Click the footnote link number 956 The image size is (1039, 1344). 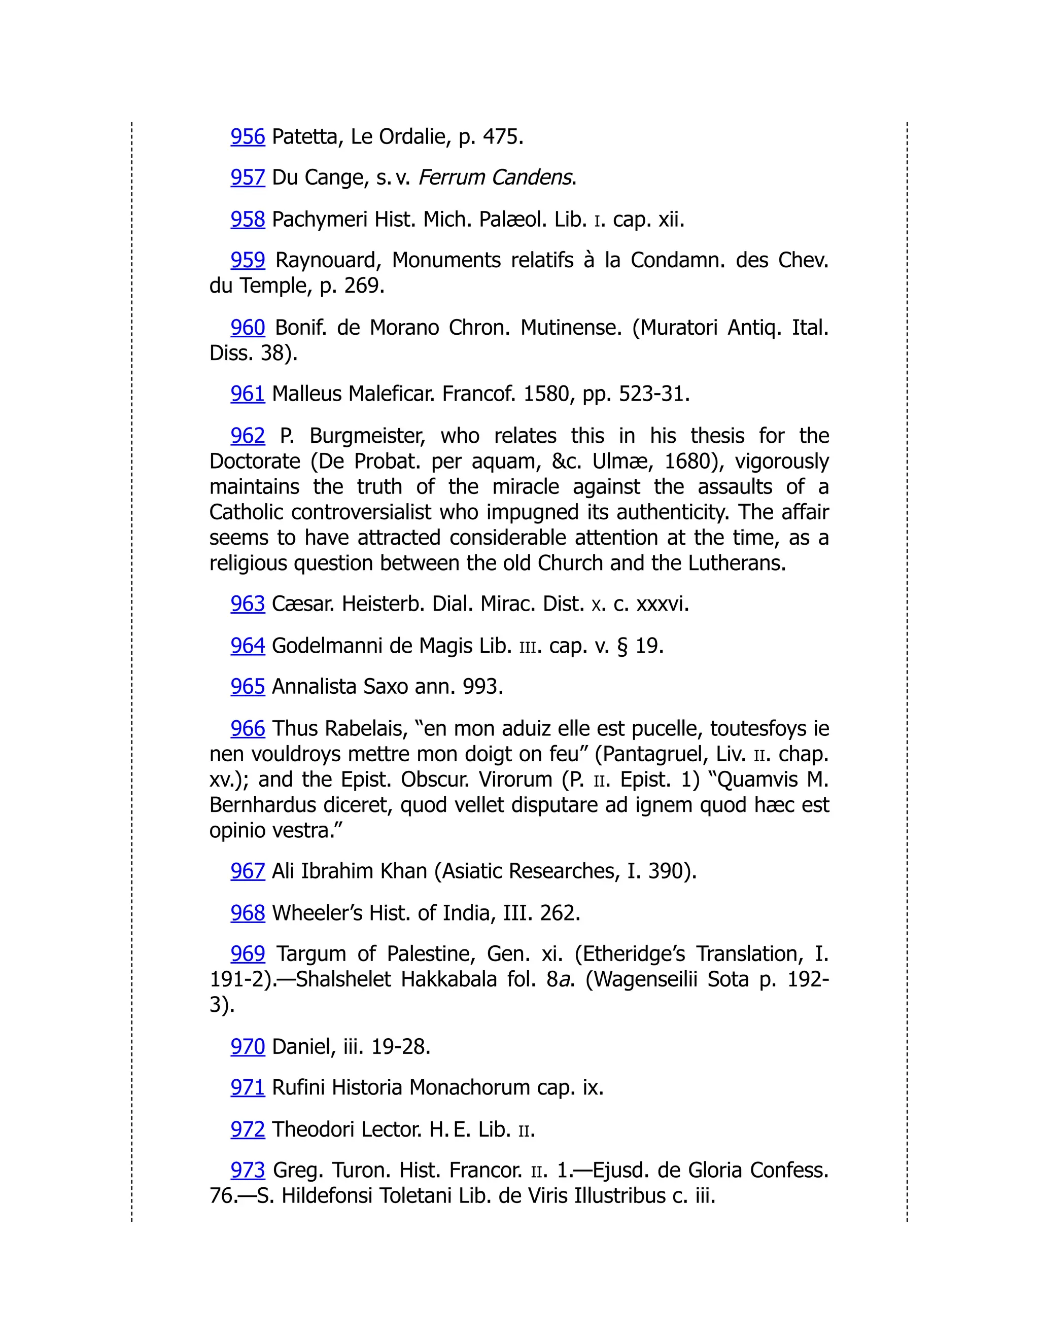tap(248, 136)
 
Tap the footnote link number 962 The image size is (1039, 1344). tap(248, 436)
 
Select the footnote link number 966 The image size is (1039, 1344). tap(248, 729)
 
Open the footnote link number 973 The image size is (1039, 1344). tap(248, 1170)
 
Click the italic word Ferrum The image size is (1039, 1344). tap(453, 178)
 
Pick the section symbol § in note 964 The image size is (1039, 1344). tap(623, 646)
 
